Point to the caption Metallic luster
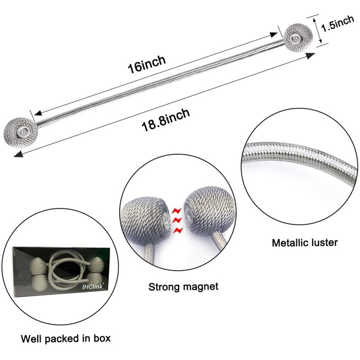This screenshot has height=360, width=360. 305,243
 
